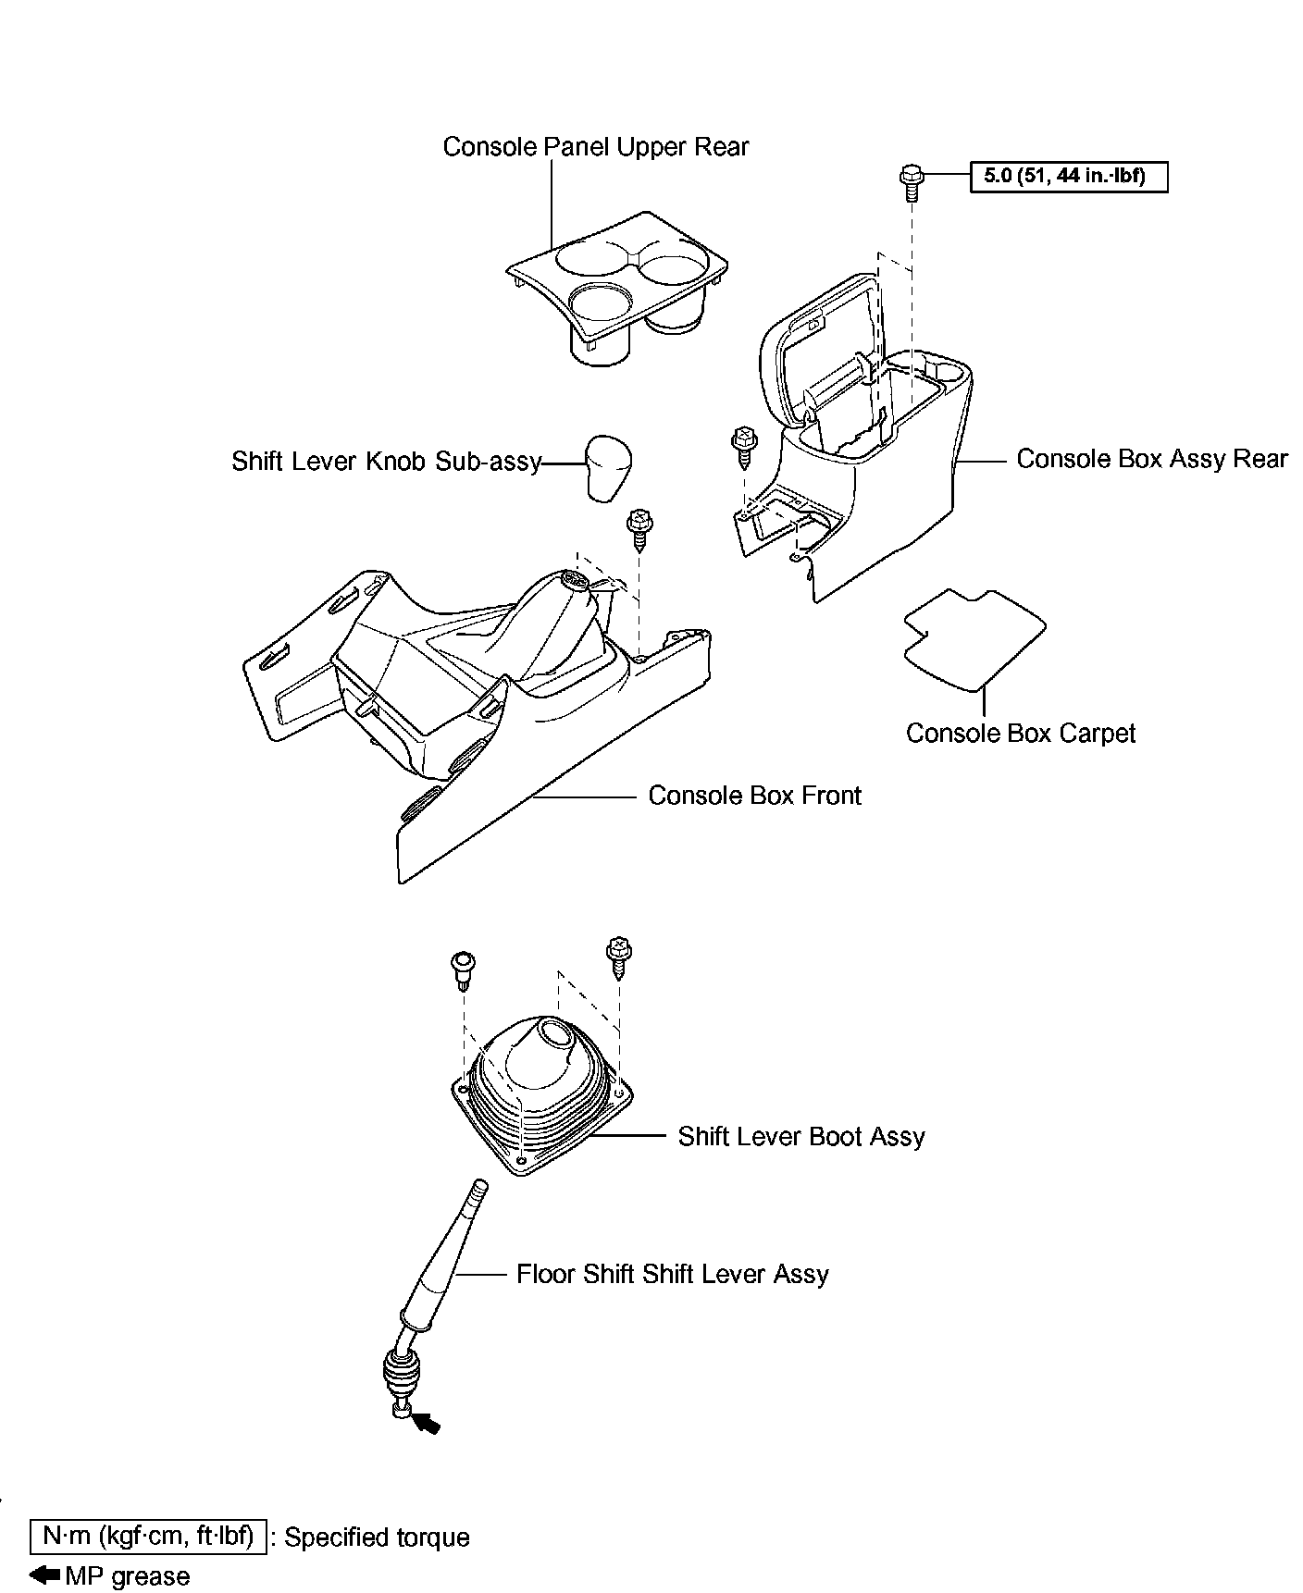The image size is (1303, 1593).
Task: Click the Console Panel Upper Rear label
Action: [x=595, y=147]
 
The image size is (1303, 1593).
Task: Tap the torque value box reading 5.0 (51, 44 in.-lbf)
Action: [x=1068, y=176]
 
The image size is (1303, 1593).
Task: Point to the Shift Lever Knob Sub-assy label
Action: [x=386, y=461]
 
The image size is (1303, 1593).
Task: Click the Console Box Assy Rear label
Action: [x=1151, y=459]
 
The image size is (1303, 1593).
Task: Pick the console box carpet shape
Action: [x=974, y=638]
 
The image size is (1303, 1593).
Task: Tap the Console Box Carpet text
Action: [x=1020, y=734]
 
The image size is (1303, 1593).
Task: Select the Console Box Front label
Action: [x=754, y=796]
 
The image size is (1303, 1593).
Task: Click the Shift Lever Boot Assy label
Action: [x=800, y=1137]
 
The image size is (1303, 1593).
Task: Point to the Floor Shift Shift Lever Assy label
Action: [x=672, y=1274]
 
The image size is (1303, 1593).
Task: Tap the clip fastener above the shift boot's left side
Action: [x=461, y=968]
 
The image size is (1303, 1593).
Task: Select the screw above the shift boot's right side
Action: [x=617, y=957]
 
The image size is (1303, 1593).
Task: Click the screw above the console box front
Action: [x=637, y=528]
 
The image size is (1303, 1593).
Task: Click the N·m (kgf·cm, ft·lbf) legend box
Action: [x=148, y=1537]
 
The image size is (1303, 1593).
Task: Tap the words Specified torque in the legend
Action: [x=377, y=1537]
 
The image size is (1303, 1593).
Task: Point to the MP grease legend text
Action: [x=127, y=1576]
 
